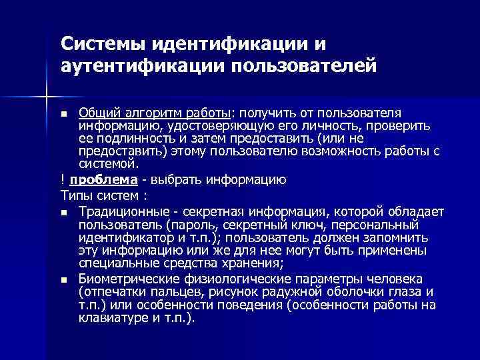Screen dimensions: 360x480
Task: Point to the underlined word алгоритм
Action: tap(149, 111)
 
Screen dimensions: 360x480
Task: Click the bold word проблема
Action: tap(103, 179)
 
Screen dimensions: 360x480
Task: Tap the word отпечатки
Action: tap(109, 292)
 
